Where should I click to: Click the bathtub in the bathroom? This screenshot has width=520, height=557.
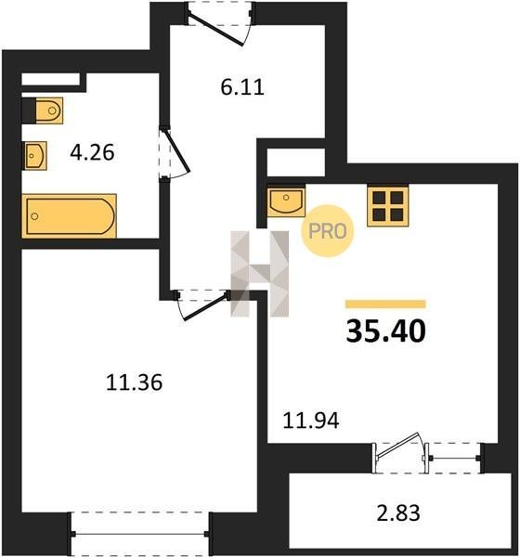click(69, 215)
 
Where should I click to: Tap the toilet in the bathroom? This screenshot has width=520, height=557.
click(49, 110)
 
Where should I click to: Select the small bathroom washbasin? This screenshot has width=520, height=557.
click(35, 156)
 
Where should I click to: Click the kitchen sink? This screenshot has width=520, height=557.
click(286, 201)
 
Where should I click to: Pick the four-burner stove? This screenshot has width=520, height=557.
click(388, 206)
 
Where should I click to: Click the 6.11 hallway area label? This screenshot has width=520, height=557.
click(242, 87)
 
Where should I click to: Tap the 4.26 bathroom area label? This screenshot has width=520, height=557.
click(92, 152)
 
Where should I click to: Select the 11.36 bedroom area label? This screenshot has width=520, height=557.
click(134, 382)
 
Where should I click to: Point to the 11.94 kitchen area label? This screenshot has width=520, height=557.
click(311, 421)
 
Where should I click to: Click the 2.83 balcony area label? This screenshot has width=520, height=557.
click(398, 512)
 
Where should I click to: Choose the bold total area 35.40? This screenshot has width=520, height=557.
click(385, 331)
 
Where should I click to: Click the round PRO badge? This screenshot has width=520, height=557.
click(328, 231)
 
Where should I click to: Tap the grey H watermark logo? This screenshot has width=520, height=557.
click(259, 274)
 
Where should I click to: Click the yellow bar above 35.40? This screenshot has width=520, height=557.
click(385, 304)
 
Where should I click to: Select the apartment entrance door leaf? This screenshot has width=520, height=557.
click(215, 30)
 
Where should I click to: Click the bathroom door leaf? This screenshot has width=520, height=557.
click(176, 150)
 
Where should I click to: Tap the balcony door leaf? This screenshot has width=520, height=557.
click(397, 444)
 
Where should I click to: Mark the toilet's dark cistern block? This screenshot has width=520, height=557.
click(29, 110)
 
